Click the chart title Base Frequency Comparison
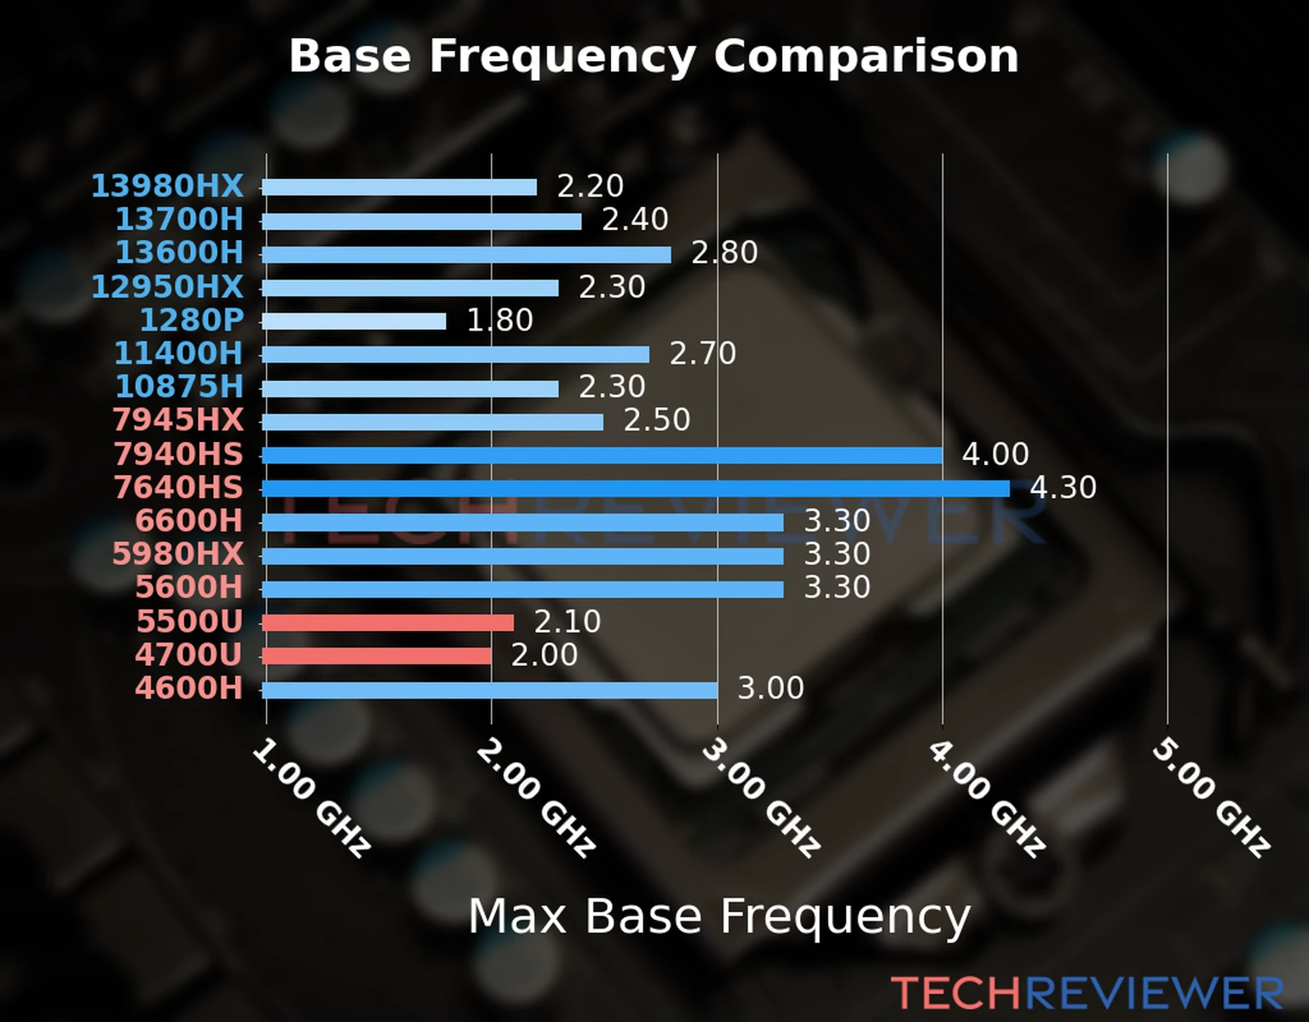tap(654, 56)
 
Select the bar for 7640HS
tap(635, 489)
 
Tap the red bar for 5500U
tap(388, 623)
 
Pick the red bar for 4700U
tap(377, 656)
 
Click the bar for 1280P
tap(354, 321)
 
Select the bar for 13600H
tap(466, 255)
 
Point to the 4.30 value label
tap(1063, 488)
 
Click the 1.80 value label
tap(499, 320)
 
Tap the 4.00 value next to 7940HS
tap(995, 454)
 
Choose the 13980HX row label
tap(167, 186)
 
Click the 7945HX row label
tap(178, 420)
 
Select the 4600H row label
tap(189, 688)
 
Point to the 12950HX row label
tap(167, 286)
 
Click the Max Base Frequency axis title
tap(719, 916)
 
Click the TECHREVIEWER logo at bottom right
tap(1087, 993)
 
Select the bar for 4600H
tap(490, 690)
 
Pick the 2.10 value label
tap(567, 622)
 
